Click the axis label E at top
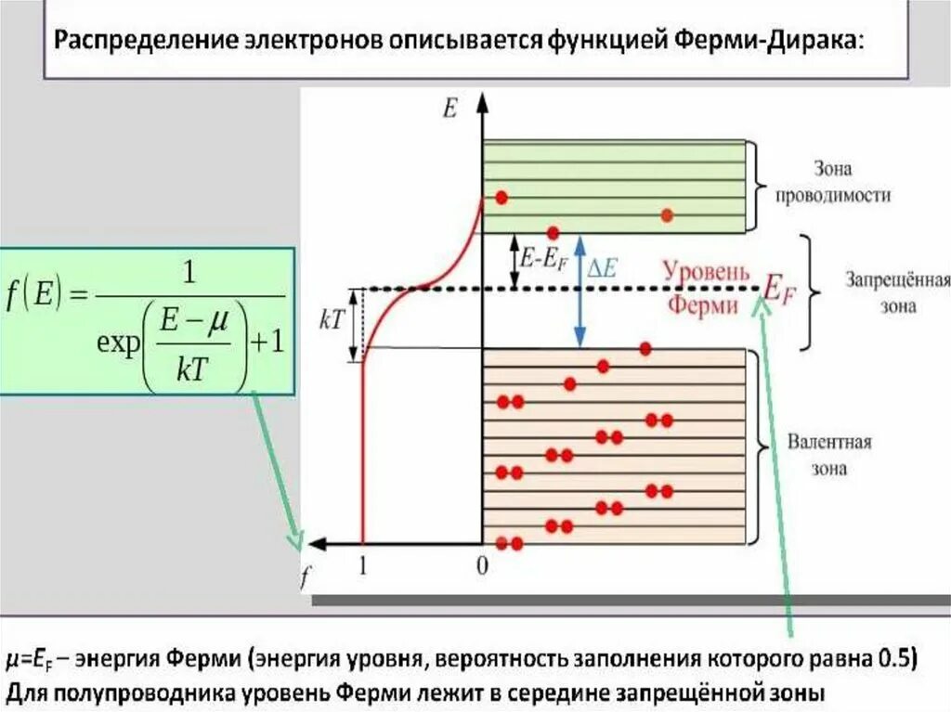click(x=450, y=109)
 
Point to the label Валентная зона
click(x=828, y=454)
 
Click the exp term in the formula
click(x=118, y=343)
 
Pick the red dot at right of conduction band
click(x=667, y=215)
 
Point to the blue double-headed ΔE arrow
click(x=580, y=290)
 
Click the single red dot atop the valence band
click(x=645, y=348)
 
